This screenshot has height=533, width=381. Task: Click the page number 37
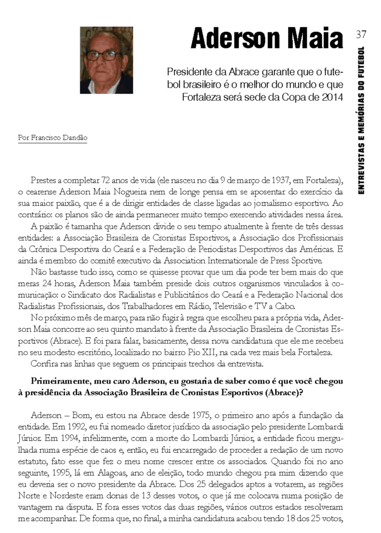pyautogui.click(x=361, y=34)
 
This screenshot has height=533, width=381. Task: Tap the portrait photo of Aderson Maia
pyautogui.click(x=106, y=60)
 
